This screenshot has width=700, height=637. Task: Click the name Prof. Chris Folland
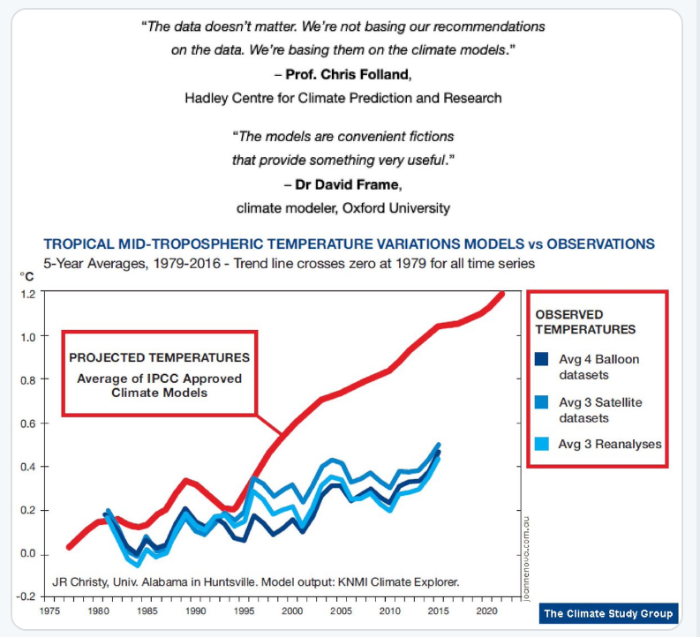tap(350, 74)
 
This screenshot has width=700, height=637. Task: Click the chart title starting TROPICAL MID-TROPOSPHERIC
tap(349, 244)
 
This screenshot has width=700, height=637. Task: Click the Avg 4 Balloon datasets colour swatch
tap(542, 359)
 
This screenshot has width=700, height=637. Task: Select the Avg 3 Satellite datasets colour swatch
tap(542, 402)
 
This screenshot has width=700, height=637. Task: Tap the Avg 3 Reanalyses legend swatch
tap(542, 444)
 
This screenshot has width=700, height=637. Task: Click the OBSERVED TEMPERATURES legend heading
tap(585, 321)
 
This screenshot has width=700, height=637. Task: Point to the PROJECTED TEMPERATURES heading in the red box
tap(159, 357)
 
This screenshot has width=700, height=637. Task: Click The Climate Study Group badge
tap(608, 613)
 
